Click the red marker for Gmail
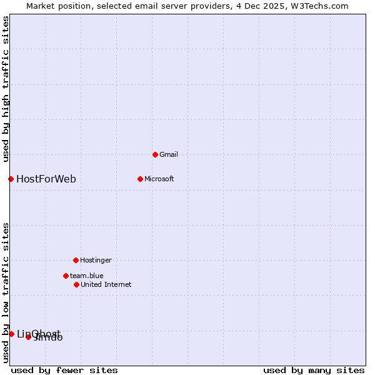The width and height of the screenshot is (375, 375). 155,154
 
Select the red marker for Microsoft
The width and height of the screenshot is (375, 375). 140,179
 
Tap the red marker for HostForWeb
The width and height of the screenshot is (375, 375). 11,179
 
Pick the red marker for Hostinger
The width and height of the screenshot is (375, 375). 76,260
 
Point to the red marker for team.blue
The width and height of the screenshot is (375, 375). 66,276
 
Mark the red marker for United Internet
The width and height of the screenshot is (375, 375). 76,284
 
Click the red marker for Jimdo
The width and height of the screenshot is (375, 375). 28,337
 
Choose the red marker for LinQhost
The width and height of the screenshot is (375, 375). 11,334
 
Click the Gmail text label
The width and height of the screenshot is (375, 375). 169,154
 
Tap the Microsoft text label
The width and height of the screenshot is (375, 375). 159,179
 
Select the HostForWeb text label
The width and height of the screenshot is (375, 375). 46,179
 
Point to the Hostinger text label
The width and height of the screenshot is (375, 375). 96,260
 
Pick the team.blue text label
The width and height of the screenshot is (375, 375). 87,276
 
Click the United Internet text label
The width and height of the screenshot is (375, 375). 106,284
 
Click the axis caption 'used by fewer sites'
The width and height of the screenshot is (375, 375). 64,370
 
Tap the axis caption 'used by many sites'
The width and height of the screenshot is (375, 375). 314,370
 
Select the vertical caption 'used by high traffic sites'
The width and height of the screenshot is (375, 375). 6,89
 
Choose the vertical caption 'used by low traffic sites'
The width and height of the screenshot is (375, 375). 6,292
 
